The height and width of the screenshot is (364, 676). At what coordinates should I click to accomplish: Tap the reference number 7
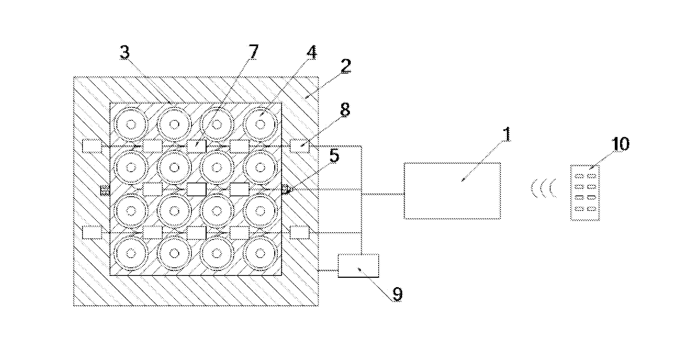pyautogui.click(x=253, y=52)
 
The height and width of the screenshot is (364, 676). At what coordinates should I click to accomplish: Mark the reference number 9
pyautogui.click(x=397, y=294)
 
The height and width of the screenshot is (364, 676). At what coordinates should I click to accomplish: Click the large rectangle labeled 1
pyautogui.click(x=452, y=191)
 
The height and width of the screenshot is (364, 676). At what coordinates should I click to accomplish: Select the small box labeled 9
pyautogui.click(x=358, y=265)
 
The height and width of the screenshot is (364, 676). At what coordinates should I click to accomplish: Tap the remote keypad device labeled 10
pyautogui.click(x=585, y=193)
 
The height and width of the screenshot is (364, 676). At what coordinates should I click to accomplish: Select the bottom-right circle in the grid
pyautogui.click(x=260, y=253)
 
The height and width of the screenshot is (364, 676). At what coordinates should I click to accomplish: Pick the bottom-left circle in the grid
pyautogui.click(x=131, y=253)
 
